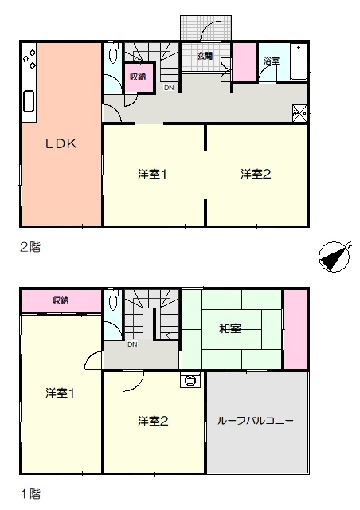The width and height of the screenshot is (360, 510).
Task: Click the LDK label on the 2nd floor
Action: coord(61,143)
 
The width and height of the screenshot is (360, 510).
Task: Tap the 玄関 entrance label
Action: coord(205,56)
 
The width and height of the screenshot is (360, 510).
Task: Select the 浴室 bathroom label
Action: coord(272,61)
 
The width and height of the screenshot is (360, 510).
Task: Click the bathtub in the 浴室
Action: coord(299,61)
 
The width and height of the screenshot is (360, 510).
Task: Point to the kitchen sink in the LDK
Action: coord(29,101)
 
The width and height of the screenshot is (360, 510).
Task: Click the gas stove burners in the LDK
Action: coord(29,59)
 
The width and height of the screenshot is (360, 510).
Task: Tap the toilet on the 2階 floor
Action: coord(113,53)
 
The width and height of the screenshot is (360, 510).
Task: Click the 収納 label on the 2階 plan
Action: coord(138,76)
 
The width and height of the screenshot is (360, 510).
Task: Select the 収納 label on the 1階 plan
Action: coord(61,300)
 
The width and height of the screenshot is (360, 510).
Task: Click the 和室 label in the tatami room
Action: coord(230,328)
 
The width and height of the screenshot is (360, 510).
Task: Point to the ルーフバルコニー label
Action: coord(256,421)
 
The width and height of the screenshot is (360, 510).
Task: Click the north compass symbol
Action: coord(335,257)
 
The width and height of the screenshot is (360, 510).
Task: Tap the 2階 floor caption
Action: coord(30,248)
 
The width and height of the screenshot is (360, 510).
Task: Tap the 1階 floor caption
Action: coord(30,494)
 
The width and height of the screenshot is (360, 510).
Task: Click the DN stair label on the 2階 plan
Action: coord(169,88)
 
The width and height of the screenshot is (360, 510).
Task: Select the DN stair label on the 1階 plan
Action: coord(132,344)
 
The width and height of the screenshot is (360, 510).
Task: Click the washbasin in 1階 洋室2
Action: coord(190,380)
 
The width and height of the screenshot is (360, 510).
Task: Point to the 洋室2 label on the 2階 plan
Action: coord(256,174)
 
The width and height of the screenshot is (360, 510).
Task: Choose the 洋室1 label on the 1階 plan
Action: coord(60,393)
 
